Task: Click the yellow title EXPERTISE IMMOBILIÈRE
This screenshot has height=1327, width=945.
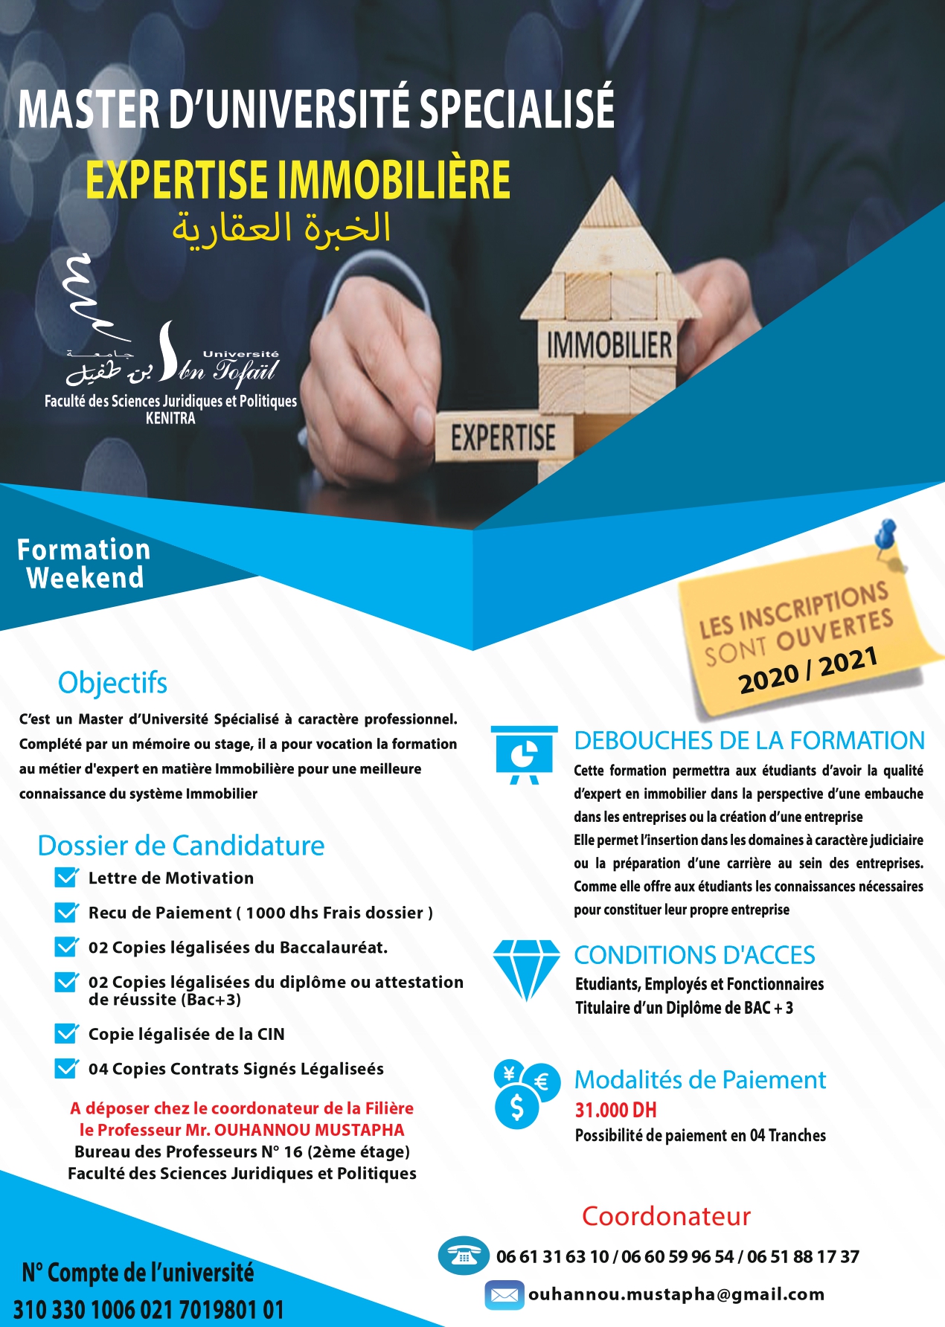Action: pos(298,180)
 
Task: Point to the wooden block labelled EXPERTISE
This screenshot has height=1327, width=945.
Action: pos(503,437)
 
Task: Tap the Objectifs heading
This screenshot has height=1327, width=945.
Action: pos(112,683)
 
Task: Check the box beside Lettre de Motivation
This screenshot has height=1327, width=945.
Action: pos(66,878)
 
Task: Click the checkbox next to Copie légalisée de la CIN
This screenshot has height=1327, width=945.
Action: pos(66,1034)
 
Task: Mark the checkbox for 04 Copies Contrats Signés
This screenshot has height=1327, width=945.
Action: pos(66,1069)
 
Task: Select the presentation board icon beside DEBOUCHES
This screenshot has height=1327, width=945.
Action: pos(524,754)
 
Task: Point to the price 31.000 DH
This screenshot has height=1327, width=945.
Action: pos(615,1111)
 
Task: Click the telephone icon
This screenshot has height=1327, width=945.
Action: pos(463,1256)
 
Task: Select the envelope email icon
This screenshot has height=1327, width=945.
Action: pos(504,1295)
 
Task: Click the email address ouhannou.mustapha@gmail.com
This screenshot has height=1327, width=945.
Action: pos(676,1294)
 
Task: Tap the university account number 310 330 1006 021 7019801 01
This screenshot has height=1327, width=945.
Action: pos(149,1310)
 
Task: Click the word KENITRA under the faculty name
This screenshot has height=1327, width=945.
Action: pos(170,418)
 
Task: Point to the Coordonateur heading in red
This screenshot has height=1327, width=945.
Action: pos(666,1216)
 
